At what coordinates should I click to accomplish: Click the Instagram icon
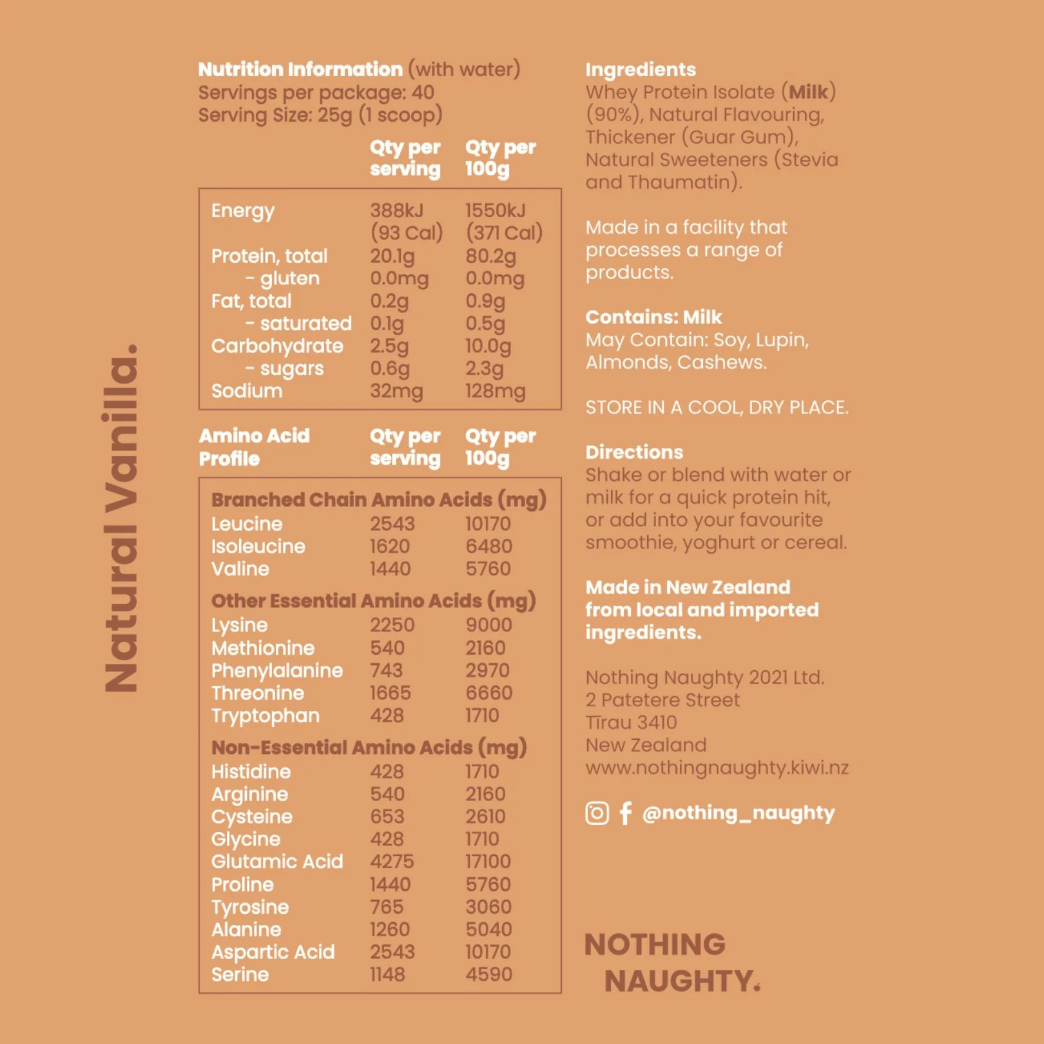[x=597, y=813]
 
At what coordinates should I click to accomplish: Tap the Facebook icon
[x=625, y=813]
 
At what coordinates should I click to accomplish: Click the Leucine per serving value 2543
[x=392, y=524]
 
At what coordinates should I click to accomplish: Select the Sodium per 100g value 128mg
[x=495, y=391]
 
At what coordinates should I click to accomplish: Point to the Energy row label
[x=243, y=211]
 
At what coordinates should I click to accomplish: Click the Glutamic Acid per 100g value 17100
[x=488, y=862]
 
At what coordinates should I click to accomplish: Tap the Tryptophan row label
[x=266, y=716]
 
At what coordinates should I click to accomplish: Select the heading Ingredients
[x=641, y=70]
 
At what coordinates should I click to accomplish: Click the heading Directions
[x=634, y=452]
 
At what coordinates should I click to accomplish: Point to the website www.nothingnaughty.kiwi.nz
[x=717, y=768]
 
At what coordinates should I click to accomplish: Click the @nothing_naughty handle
[x=739, y=813]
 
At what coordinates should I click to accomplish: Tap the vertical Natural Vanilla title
[x=121, y=519]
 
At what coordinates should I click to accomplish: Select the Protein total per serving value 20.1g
[x=392, y=256]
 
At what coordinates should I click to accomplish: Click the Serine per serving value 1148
[x=387, y=974]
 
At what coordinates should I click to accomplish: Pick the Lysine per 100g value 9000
[x=488, y=625]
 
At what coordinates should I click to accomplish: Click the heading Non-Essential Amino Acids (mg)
[x=369, y=748]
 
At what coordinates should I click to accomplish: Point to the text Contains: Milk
[x=653, y=317]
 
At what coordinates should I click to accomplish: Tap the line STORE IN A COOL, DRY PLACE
[x=717, y=407]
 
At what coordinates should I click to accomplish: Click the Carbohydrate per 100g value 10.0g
[x=488, y=347]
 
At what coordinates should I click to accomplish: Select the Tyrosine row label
[x=250, y=907]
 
